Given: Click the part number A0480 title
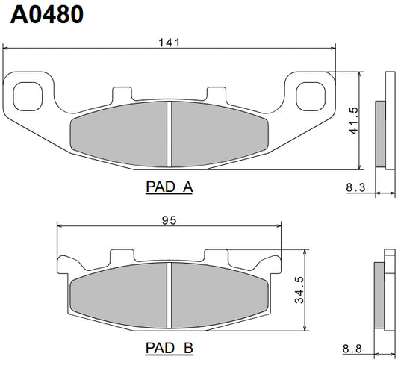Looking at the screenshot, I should [x=46, y=15].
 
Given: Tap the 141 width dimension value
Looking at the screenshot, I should [x=170, y=43].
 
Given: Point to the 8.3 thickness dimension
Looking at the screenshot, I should [x=355, y=188].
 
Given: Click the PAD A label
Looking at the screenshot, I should [x=169, y=187].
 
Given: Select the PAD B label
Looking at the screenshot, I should [x=169, y=347].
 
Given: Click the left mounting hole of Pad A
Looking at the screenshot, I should [x=29, y=95].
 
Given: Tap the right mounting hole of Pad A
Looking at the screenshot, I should [x=309, y=95].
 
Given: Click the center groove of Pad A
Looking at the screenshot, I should [x=170, y=134].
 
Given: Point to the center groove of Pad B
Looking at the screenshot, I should [x=170, y=295].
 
